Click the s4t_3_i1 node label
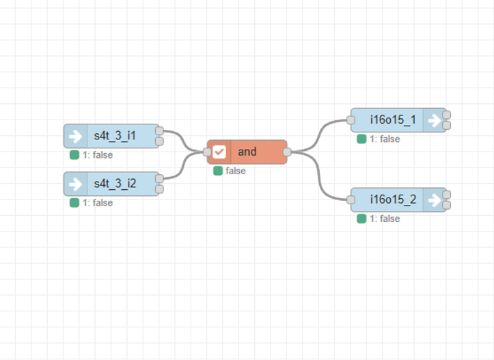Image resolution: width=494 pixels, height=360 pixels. pyautogui.click(x=115, y=136)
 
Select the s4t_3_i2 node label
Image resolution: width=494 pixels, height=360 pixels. pyautogui.click(x=115, y=184)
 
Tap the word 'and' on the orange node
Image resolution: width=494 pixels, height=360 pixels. pyautogui.click(x=247, y=152)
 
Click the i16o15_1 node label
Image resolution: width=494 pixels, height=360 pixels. pyautogui.click(x=393, y=120)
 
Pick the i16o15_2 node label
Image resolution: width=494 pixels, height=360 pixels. pyautogui.click(x=393, y=199)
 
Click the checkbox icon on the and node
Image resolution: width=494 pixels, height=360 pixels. pyautogui.click(x=219, y=152)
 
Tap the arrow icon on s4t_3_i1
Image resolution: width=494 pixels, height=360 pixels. pyautogui.click(x=76, y=136)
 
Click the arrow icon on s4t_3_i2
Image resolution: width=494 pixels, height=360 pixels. pyautogui.click(x=76, y=184)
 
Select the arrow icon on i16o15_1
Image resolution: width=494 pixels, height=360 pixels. pyautogui.click(x=435, y=120)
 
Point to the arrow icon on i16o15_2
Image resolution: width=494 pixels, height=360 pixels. pyautogui.click(x=435, y=199)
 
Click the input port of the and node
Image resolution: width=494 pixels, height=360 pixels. pyautogui.click(x=207, y=152)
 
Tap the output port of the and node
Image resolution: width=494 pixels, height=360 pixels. pyautogui.click(x=287, y=152)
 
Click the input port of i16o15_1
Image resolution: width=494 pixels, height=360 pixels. pyautogui.click(x=351, y=120)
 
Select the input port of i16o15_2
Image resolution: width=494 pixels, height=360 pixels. pyautogui.click(x=351, y=199)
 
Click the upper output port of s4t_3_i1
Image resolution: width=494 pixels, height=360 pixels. pyautogui.click(x=159, y=130)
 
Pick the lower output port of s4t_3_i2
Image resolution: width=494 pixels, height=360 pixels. pyautogui.click(x=159, y=189)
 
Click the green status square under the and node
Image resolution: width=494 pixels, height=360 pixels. pyautogui.click(x=218, y=171)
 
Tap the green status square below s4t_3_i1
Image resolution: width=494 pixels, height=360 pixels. pyautogui.click(x=74, y=155)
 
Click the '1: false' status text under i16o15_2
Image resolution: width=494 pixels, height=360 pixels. pyautogui.click(x=385, y=219)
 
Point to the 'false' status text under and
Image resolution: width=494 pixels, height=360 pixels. pyautogui.click(x=236, y=171)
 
